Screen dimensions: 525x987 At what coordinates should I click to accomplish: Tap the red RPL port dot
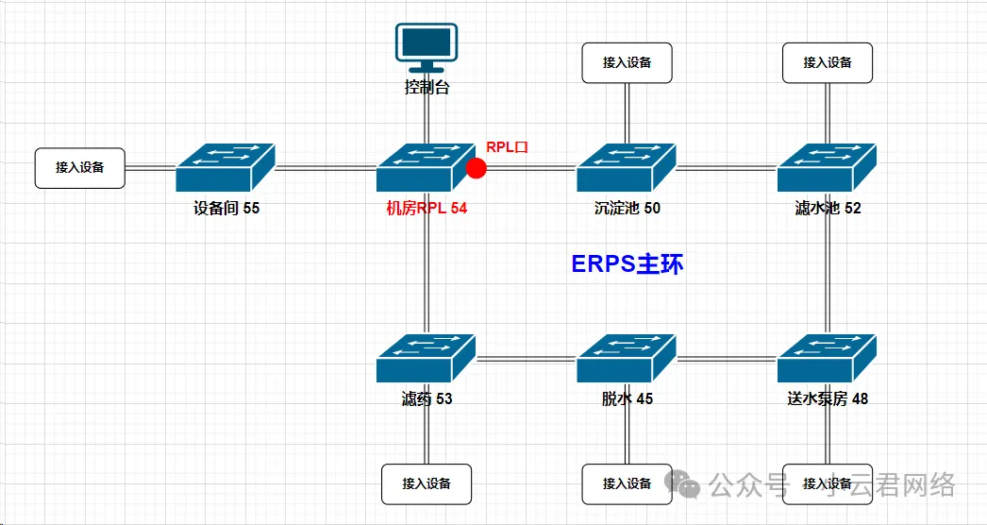tap(477, 168)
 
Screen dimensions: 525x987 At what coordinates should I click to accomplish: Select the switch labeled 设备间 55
tap(225, 168)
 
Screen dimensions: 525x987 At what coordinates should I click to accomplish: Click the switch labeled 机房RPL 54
tap(426, 168)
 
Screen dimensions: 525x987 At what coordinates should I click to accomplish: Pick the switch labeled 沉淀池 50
tap(627, 168)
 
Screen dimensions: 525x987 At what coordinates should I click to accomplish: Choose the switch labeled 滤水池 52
tap(828, 168)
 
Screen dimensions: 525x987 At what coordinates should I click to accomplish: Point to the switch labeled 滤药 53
tap(426, 359)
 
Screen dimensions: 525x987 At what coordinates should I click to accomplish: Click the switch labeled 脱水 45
tap(627, 359)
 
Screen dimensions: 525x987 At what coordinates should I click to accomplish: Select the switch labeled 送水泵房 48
tap(828, 359)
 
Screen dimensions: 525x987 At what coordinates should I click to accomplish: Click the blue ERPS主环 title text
tap(627, 264)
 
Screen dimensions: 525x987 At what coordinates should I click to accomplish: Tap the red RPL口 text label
tap(507, 147)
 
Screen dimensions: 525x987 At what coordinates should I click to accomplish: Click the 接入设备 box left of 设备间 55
tap(79, 167)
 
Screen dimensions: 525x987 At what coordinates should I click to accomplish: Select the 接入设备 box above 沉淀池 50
tap(627, 62)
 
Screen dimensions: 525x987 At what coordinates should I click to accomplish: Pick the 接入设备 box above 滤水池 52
tap(828, 62)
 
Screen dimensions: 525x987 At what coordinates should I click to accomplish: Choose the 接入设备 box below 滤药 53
tap(426, 483)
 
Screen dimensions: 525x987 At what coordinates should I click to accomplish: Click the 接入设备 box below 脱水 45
tap(627, 483)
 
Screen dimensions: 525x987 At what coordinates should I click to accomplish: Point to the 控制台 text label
tap(427, 88)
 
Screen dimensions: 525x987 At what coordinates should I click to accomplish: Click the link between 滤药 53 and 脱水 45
tap(526, 359)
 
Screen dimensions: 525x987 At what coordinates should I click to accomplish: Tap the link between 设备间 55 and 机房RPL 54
tap(325, 168)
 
